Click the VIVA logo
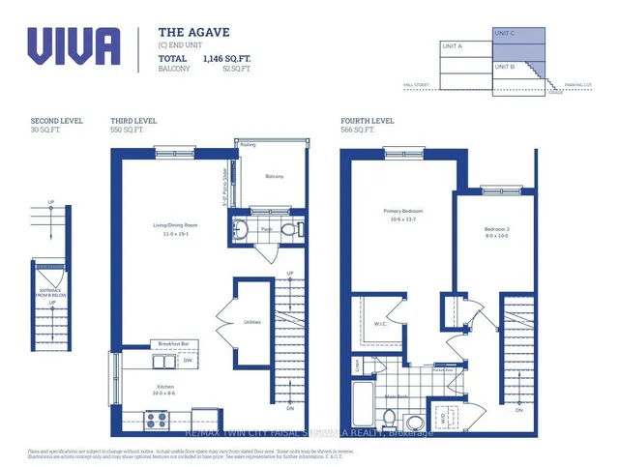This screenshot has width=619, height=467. pyautogui.click(x=74, y=46)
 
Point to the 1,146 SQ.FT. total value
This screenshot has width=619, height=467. pyautogui.click(x=226, y=59)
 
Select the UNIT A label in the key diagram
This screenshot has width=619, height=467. pyautogui.click(x=452, y=45)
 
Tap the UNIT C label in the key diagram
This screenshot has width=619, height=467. pyautogui.click(x=505, y=34)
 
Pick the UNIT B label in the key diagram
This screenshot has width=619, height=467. pyautogui.click(x=505, y=67)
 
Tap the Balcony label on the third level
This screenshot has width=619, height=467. pyautogui.click(x=274, y=176)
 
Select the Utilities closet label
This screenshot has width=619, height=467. pyautogui.click(x=252, y=321)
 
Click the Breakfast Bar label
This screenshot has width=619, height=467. pyautogui.click(x=173, y=345)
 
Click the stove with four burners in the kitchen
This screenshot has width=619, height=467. pyautogui.click(x=157, y=420)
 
